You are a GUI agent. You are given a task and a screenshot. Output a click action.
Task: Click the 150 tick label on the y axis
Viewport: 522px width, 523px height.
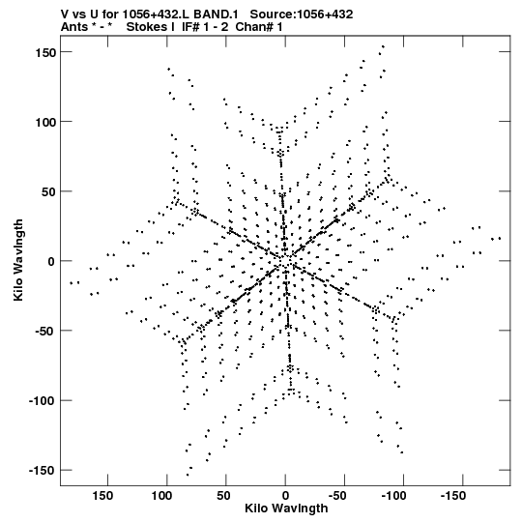[45, 53]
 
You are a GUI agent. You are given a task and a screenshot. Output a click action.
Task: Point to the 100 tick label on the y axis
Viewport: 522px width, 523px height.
[45, 123]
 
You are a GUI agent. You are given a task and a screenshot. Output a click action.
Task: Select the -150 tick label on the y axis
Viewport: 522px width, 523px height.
[42, 471]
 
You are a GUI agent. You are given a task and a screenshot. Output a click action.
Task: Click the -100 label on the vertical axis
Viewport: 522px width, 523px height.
[42, 401]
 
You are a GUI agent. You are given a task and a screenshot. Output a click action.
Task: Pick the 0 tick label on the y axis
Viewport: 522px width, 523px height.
[51, 262]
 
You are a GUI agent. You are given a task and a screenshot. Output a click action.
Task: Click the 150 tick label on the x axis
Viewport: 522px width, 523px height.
[102, 496]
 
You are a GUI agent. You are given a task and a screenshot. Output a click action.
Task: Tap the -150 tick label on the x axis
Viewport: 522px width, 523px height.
[453, 496]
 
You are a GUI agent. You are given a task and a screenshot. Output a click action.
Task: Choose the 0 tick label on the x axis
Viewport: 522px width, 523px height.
[285, 496]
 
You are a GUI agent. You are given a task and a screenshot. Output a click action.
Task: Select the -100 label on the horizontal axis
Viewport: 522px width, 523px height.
[394, 496]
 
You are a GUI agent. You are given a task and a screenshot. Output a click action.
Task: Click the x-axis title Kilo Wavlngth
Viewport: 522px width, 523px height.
[286, 509]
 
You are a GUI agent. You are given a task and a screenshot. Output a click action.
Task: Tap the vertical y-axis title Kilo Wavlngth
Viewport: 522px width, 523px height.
[18, 260]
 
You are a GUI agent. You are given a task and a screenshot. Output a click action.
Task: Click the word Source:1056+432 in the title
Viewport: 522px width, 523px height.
[302, 15]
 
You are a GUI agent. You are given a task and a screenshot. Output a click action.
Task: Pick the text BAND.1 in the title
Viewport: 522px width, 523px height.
[216, 15]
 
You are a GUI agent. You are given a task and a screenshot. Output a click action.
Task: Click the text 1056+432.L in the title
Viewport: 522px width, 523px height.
[157, 15]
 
